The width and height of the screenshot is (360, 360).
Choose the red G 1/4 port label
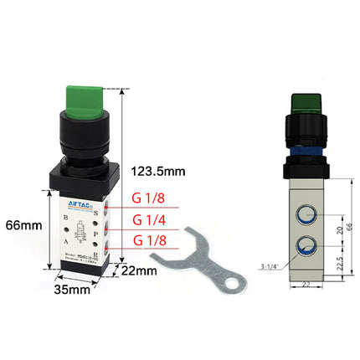click(x=149, y=221)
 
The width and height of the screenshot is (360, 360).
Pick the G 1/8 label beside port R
click(x=149, y=241)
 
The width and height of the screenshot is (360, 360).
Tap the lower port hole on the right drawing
click(x=304, y=247)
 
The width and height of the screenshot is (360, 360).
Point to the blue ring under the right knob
click(x=303, y=152)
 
